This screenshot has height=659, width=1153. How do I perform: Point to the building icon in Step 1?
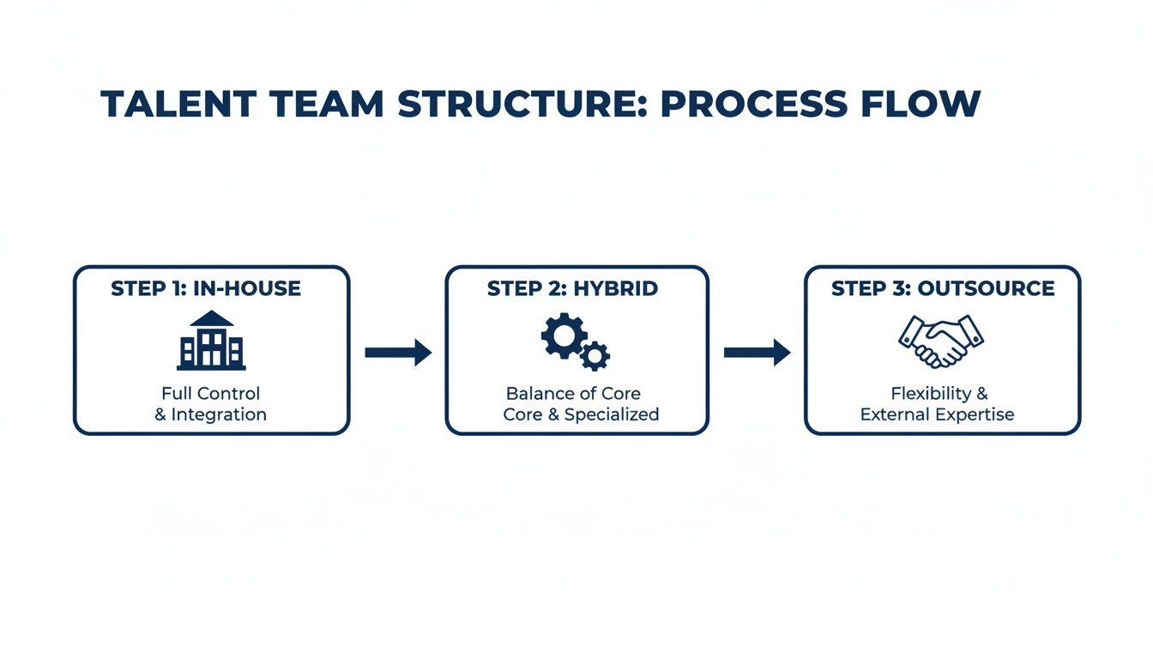click(211, 341)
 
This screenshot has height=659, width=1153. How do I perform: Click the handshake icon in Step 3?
click(941, 341)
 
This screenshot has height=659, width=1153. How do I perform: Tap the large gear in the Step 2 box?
click(564, 335)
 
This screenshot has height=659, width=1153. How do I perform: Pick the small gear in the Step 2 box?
click(595, 354)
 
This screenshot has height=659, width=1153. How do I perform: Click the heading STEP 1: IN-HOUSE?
click(206, 288)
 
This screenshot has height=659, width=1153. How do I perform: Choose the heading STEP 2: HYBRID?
click(572, 288)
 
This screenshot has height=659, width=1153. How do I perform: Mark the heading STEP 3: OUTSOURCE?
click(943, 288)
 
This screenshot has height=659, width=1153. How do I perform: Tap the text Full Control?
click(211, 394)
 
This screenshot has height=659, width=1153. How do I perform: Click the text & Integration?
click(211, 414)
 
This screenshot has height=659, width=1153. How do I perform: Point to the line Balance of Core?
click(573, 394)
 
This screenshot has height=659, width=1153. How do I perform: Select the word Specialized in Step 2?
click(612, 414)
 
